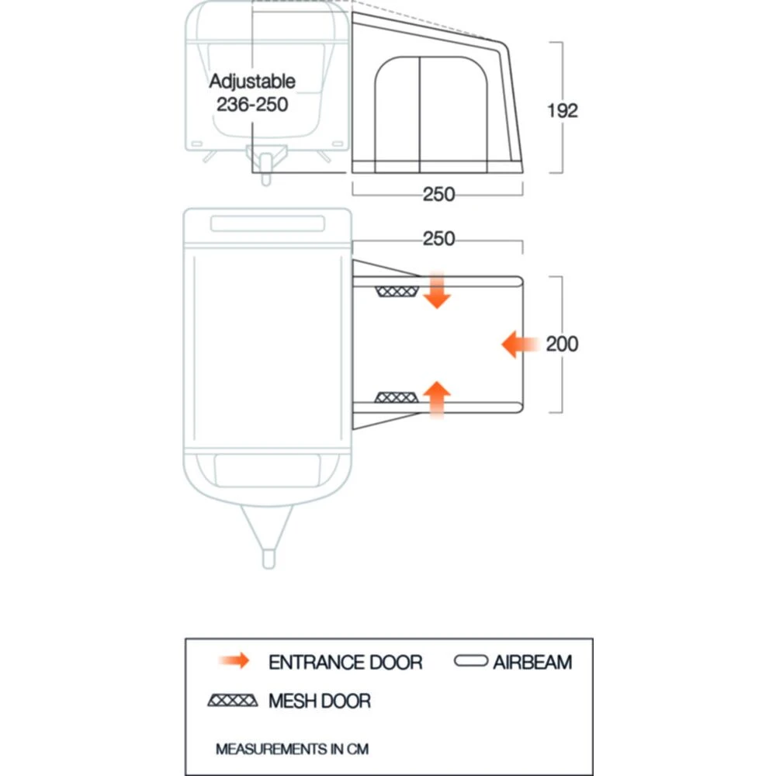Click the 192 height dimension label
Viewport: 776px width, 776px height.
562,110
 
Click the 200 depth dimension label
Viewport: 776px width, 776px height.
562,343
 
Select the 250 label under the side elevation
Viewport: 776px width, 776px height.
438,195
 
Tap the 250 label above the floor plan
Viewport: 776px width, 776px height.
438,240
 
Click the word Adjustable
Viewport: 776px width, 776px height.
253,81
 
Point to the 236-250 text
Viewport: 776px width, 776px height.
253,105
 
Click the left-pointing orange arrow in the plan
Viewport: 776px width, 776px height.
520,343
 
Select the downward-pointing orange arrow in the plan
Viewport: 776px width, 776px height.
437,290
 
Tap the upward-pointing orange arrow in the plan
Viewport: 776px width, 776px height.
437,400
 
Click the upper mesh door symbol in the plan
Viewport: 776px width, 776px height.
396,291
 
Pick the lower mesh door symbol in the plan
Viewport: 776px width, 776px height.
396,397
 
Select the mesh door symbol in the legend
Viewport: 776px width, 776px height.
233,701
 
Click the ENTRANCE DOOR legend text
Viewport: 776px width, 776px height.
345,663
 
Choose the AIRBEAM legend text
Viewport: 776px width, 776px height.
532,663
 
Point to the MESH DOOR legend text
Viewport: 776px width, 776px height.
320,702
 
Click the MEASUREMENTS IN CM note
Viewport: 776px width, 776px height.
292,750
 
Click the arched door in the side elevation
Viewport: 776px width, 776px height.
420,109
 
